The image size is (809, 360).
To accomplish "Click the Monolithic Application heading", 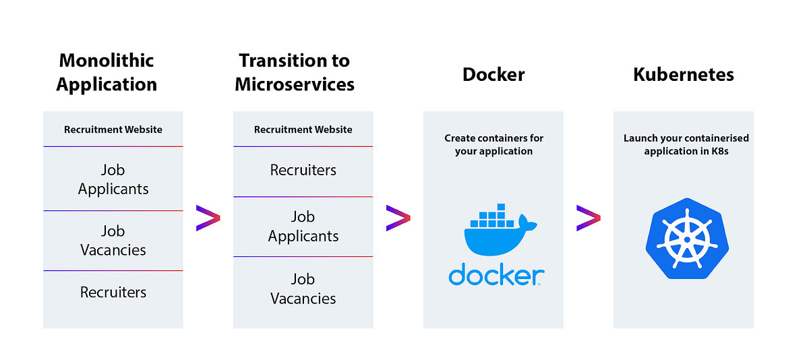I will click(x=107, y=72).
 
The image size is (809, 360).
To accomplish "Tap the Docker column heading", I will click(x=493, y=74).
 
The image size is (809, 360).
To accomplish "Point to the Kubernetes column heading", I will click(x=684, y=74).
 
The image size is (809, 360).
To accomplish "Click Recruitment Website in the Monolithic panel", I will click(x=113, y=129).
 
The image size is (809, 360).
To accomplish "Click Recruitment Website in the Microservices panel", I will click(x=303, y=129).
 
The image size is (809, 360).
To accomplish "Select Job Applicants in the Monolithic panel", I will click(x=113, y=179).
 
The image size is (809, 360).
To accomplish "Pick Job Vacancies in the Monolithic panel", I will click(x=113, y=241).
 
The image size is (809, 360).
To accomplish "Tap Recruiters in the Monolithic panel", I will click(x=113, y=293).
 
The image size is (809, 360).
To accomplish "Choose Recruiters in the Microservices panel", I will click(x=303, y=171).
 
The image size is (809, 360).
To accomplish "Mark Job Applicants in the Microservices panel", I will click(x=303, y=227).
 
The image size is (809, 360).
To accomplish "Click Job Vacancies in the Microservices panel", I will click(x=303, y=289).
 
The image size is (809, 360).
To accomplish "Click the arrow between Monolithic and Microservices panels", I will click(x=208, y=218).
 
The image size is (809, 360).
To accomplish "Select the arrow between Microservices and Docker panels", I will click(x=398, y=218).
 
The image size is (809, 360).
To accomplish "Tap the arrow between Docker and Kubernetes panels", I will click(x=588, y=218).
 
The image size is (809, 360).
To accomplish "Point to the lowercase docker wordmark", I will click(x=496, y=275).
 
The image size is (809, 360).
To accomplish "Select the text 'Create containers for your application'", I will click(x=493, y=144).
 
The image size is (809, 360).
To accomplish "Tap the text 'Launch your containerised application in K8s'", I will click(x=686, y=144).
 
